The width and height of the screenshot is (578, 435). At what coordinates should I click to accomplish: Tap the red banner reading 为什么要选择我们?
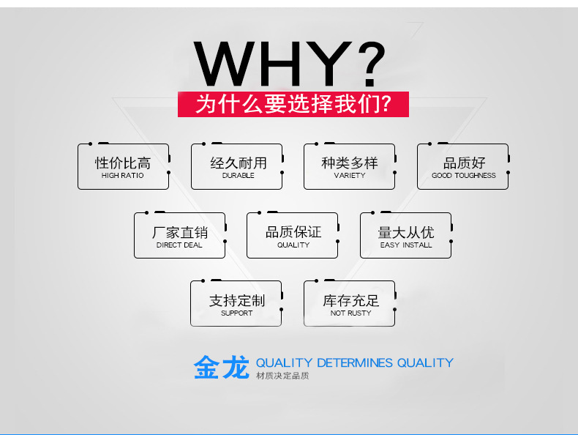point(293,104)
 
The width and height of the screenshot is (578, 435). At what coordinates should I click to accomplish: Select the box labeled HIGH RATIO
point(123,167)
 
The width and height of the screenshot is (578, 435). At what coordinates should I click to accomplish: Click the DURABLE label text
point(238,176)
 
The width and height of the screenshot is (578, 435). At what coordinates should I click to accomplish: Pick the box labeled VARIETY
point(349,167)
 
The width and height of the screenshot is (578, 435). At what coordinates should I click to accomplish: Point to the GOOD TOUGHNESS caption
point(463,176)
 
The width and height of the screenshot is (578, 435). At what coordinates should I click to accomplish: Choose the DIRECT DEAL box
point(179,235)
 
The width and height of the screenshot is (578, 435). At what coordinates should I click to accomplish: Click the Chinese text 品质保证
point(293,232)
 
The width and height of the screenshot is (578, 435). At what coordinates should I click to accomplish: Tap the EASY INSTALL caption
point(406,245)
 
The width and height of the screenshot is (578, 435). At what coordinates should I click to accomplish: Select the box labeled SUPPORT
point(236,304)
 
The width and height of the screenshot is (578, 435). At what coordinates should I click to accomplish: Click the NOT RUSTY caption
point(350,313)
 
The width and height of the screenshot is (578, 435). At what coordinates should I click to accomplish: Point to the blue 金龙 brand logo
point(222,368)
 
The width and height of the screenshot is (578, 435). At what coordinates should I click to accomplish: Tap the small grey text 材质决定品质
point(282,376)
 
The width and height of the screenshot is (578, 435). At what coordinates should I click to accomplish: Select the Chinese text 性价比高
point(123,163)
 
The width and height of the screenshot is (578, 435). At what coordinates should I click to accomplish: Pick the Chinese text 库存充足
point(350,300)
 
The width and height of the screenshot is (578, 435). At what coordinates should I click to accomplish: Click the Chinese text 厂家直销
point(179,232)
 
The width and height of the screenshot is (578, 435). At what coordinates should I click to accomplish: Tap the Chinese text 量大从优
point(406,232)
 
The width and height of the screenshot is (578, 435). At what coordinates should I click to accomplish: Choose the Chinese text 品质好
point(463,163)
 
